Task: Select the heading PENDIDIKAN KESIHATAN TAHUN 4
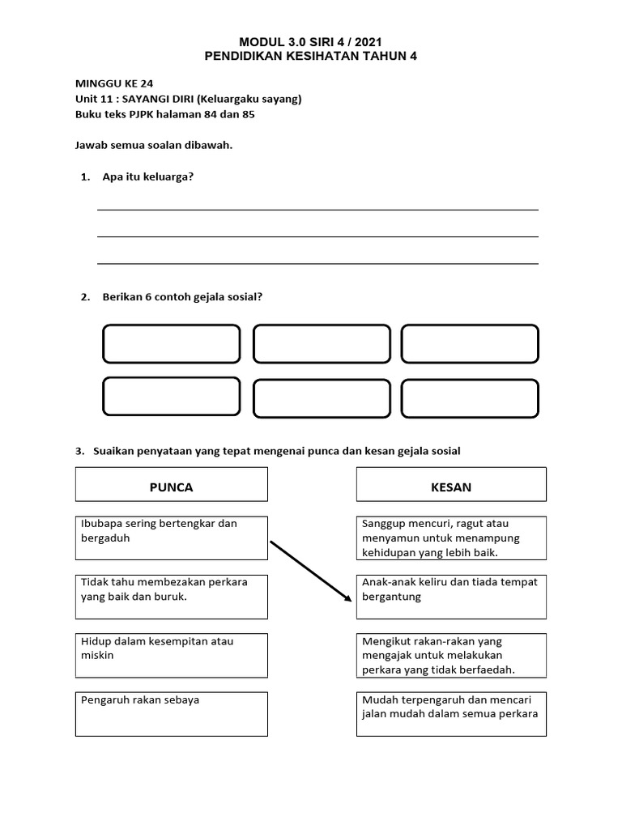click(x=311, y=56)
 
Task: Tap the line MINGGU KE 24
click(x=114, y=83)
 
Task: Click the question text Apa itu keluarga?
click(x=148, y=177)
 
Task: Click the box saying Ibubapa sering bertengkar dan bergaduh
click(x=172, y=538)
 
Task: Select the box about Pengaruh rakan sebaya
click(x=172, y=714)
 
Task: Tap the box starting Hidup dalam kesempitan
click(x=172, y=655)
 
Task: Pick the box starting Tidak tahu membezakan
click(x=172, y=596)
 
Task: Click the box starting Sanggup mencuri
click(x=451, y=538)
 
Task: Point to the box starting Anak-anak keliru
click(x=451, y=596)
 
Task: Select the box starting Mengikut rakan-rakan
click(x=451, y=655)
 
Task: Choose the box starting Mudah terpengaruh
click(x=451, y=714)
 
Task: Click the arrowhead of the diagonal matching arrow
click(x=348, y=599)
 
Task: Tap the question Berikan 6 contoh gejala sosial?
click(x=182, y=297)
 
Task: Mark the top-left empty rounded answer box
click(x=172, y=344)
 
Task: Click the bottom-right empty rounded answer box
click(x=470, y=398)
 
